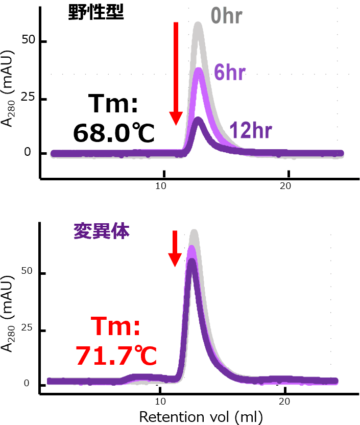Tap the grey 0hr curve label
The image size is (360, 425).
226,16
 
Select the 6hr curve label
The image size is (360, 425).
229,73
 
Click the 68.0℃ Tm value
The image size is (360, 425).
113,133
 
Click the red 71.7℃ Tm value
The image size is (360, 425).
116,356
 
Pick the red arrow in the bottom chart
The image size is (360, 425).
175,248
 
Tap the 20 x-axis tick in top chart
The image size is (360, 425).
286,186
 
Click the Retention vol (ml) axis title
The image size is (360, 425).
201,416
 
